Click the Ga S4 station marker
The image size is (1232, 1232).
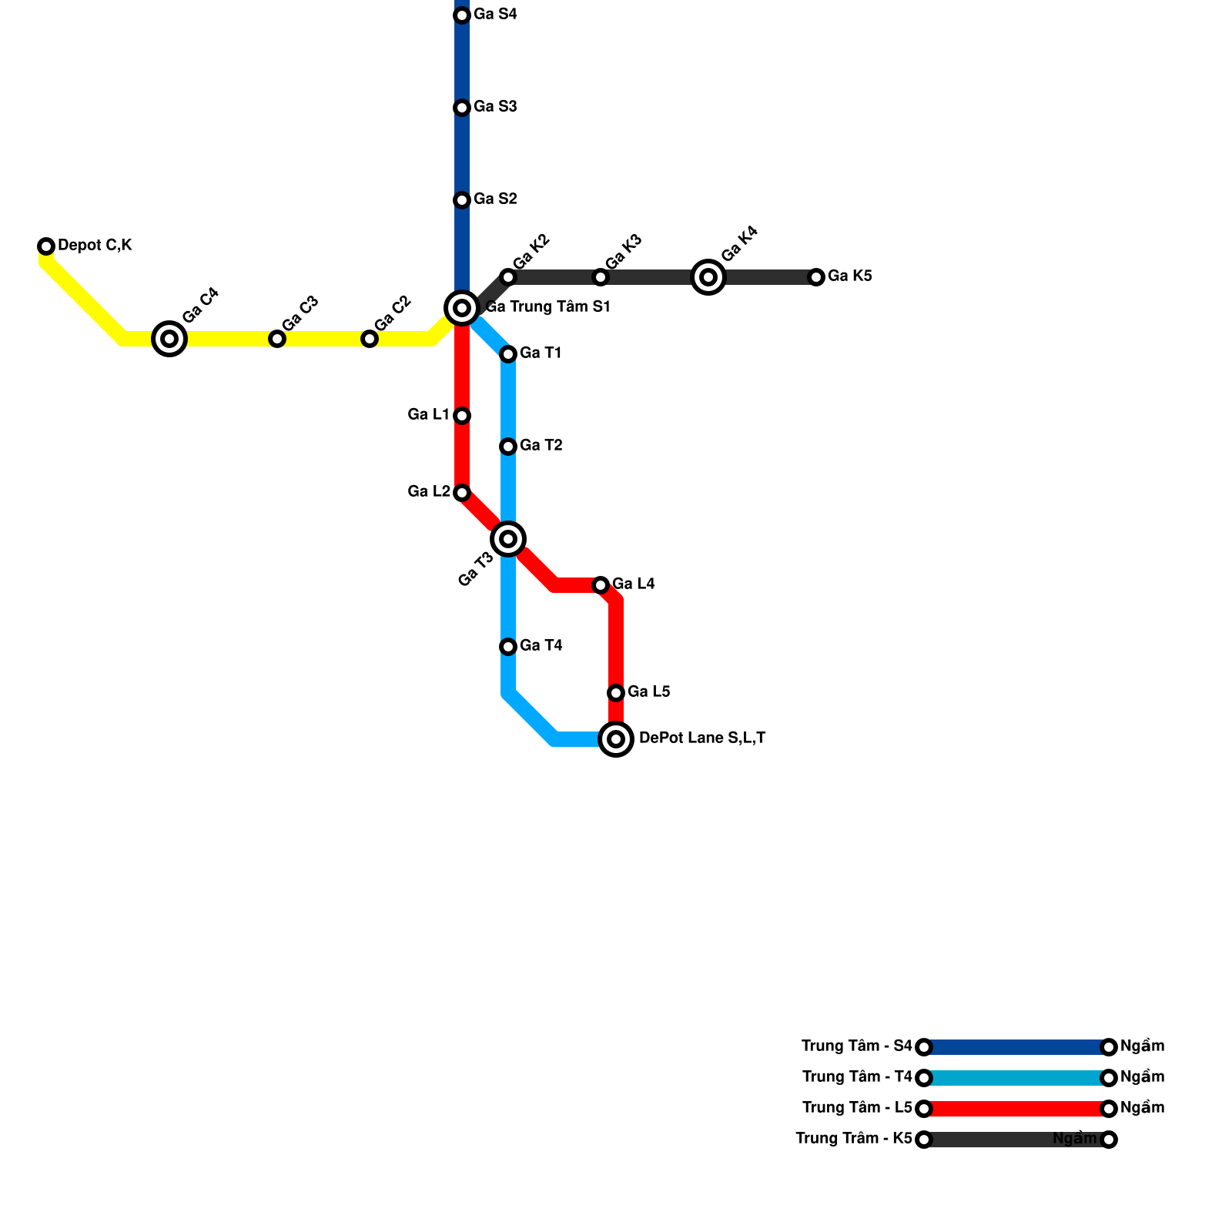point(462,15)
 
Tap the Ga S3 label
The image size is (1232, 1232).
point(495,107)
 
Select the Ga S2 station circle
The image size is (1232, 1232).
point(462,200)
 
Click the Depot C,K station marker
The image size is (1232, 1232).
point(46,246)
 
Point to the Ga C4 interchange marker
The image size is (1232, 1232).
point(169,339)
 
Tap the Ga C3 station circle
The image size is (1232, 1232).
point(277,339)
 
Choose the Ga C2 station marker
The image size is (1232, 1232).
point(370,339)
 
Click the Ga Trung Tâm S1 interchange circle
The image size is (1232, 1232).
point(462,308)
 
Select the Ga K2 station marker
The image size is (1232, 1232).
point(508,277)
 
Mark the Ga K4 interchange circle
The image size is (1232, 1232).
point(708,277)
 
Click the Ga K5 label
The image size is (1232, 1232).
point(850,276)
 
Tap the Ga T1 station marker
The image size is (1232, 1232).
point(508,354)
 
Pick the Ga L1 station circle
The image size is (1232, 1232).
point(462,416)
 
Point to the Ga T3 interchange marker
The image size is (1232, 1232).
point(508,539)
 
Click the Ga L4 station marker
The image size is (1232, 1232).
point(601,585)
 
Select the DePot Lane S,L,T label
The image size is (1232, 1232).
point(702,738)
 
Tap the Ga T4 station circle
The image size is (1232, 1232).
point(508,647)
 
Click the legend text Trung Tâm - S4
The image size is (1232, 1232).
point(856,1046)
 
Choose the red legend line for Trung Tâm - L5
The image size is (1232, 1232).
point(1016,1109)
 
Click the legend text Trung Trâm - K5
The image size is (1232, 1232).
point(853,1139)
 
